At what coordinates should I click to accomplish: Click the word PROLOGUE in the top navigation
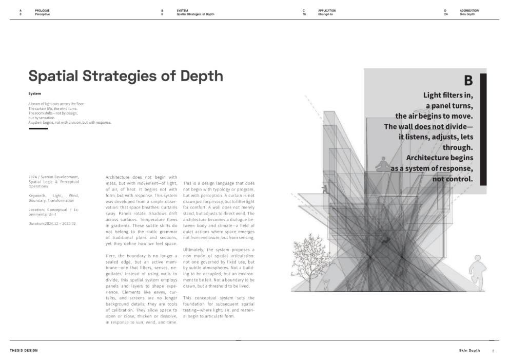pos(42,10)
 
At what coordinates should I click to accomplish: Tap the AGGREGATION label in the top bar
pos(469,10)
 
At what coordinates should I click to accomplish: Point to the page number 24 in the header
pos(446,14)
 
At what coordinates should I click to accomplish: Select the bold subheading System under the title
pos(34,93)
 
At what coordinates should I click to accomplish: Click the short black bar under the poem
pos(38,128)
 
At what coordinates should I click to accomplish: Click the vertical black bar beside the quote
pos(483,128)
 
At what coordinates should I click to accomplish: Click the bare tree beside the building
pos(311,267)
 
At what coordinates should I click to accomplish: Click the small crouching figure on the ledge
pos(324,189)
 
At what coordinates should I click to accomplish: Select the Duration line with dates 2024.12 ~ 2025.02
pos(53,224)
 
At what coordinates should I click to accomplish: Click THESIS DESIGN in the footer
pos(24,350)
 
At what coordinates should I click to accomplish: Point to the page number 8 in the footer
pos(493,351)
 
